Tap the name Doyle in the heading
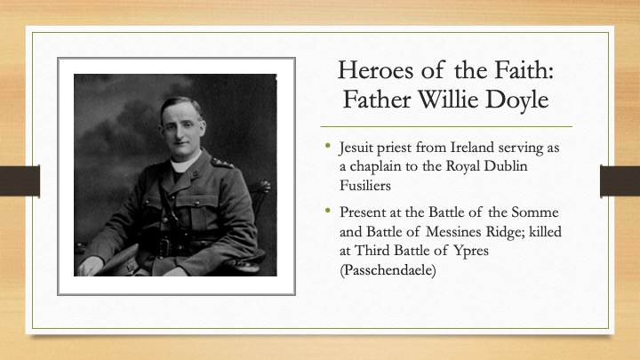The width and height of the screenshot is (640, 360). pos(516,100)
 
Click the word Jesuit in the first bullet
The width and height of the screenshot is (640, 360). pos(355,148)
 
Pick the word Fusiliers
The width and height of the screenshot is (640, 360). pos(365,185)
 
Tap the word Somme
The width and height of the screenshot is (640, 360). pos(535,212)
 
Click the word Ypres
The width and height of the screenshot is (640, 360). pos(471,251)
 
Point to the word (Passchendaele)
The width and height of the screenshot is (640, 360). pos(388,270)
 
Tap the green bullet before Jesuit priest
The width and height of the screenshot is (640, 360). pos(328,145)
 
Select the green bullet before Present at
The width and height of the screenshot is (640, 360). pos(328,210)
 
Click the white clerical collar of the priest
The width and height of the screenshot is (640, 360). pos(185,164)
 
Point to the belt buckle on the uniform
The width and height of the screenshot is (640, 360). pos(164,247)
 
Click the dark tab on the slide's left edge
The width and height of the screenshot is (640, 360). pos(20,180)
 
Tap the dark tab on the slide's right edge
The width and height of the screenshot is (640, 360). pos(620,180)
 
